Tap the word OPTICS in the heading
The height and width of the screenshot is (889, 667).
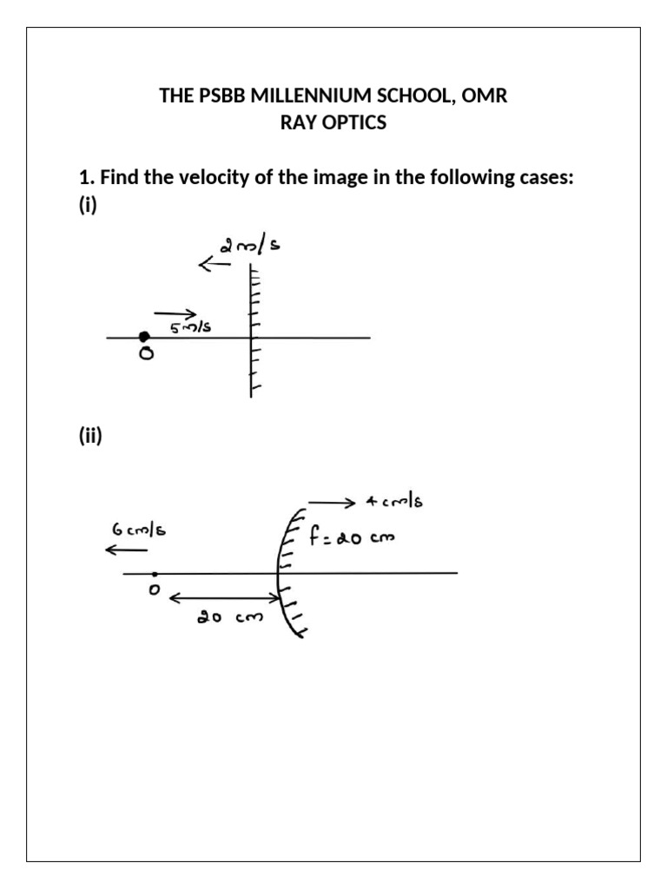[354, 122]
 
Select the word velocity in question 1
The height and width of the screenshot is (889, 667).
[224, 178]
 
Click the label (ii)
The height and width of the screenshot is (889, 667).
[90, 438]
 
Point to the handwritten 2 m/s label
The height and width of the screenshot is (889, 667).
[250, 247]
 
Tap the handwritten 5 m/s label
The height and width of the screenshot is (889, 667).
[190, 327]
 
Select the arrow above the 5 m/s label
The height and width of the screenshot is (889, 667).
[175, 313]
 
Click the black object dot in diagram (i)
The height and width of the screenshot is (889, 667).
[144, 337]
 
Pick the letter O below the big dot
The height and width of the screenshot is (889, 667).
[145, 355]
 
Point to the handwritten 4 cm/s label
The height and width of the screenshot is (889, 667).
[394, 503]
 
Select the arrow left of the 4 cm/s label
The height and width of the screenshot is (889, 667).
[332, 503]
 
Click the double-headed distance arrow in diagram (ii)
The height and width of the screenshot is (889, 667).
[225, 597]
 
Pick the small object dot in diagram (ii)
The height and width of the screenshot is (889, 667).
[154, 574]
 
